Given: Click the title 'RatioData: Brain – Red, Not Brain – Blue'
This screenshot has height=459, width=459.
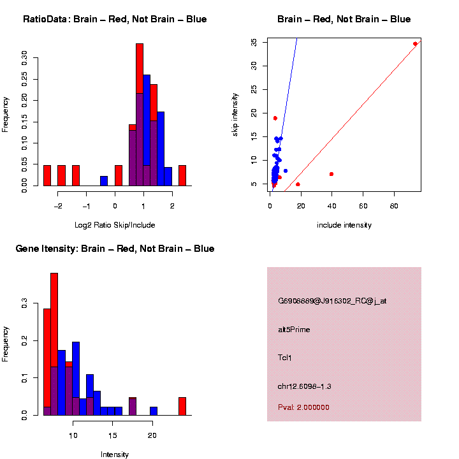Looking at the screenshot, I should tap(115, 19).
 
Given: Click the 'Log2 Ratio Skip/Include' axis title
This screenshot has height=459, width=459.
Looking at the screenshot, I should tap(115, 225).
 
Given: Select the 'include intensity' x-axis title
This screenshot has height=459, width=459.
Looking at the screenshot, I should tap(344, 225).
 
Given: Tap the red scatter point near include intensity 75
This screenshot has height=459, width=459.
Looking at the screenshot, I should tap(415, 44).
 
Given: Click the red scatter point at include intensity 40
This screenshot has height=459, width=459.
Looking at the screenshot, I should tap(331, 174).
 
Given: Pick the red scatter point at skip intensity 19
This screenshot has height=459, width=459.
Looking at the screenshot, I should tap(275, 118).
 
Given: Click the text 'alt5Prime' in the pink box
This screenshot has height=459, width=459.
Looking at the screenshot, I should tap(294, 330).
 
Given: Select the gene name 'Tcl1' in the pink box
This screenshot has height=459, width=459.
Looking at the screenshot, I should tap(285, 358).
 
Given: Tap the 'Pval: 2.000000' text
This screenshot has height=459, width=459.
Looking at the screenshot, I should tap(303, 407).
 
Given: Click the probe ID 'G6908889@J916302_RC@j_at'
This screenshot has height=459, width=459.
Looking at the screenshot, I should tap(332, 301).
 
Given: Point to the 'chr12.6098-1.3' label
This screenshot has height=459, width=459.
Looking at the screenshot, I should tap(305, 386).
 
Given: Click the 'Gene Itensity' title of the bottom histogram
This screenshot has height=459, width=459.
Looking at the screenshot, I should tap(115, 249).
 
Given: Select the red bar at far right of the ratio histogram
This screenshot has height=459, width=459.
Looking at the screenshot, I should tap(182, 175).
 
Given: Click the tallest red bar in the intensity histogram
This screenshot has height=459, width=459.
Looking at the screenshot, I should tap(54, 344).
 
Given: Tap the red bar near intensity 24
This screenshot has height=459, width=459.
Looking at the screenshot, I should tap(182, 406).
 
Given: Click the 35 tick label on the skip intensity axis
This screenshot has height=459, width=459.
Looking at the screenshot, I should tap(254, 42).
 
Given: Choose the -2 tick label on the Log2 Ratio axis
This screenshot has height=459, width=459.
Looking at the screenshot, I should tap(59, 205).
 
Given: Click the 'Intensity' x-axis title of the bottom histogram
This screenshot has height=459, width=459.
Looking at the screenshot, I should tap(115, 455).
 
